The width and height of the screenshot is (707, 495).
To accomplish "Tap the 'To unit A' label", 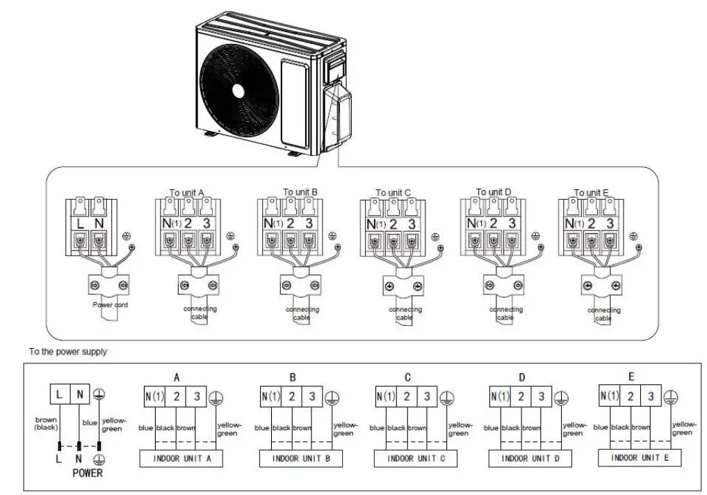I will coord(187,193).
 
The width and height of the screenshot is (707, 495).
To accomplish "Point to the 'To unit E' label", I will coord(592,193).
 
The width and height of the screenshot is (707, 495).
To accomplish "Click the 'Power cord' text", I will coord(111,305).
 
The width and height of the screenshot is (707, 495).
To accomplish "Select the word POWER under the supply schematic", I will coord(87,473).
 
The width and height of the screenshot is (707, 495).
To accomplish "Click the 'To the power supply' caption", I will coord(68,352).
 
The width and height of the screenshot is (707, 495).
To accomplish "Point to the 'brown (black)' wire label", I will coord(45,423).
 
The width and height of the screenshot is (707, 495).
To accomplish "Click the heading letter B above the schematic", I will coord(293,377).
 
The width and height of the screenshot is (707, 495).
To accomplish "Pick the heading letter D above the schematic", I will coord(522,377).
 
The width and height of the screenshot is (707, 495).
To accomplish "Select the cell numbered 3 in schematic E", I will coord(651,396).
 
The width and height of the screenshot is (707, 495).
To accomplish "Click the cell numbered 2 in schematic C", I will coord(406,397).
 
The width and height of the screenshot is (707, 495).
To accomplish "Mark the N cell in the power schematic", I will coord(80,395).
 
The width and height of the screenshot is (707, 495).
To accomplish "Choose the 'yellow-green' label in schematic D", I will coord(574,429).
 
